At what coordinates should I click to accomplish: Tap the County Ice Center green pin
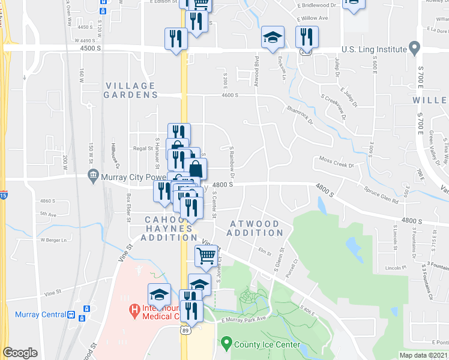[x=226, y=344]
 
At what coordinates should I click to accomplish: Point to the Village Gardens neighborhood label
[x=130, y=91]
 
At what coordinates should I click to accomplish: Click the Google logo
[x=20, y=353]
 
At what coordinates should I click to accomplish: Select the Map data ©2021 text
[x=423, y=355]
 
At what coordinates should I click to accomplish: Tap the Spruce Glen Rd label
[x=381, y=194]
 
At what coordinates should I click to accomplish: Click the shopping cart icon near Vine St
[x=206, y=256]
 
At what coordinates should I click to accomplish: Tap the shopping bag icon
[x=195, y=169]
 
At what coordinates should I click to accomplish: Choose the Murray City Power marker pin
[x=93, y=176]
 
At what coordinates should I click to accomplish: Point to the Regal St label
[x=143, y=148]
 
